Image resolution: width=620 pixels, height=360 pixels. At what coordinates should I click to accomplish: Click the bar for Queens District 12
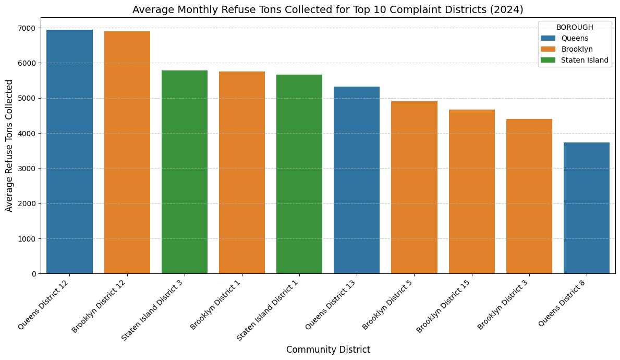click(69, 152)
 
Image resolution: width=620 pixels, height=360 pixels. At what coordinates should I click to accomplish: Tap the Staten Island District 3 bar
click(185, 172)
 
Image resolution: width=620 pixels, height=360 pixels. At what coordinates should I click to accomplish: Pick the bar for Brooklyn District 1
click(242, 173)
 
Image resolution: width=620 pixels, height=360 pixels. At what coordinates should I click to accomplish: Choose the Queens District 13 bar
click(357, 180)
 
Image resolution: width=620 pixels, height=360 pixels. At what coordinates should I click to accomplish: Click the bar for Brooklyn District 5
click(414, 187)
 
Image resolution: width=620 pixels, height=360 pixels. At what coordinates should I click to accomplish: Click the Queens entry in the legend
click(572, 38)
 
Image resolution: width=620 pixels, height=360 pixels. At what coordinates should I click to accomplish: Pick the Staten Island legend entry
click(585, 60)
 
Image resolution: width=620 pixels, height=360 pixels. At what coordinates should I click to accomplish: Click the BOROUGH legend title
click(575, 27)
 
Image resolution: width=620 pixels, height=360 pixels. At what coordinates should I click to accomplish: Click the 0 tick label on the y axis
click(34, 274)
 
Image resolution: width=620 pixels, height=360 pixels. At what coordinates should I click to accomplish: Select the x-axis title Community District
click(328, 350)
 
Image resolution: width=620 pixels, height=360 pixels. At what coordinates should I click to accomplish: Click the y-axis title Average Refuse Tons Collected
click(9, 146)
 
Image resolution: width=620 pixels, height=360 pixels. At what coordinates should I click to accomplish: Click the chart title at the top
click(328, 9)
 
